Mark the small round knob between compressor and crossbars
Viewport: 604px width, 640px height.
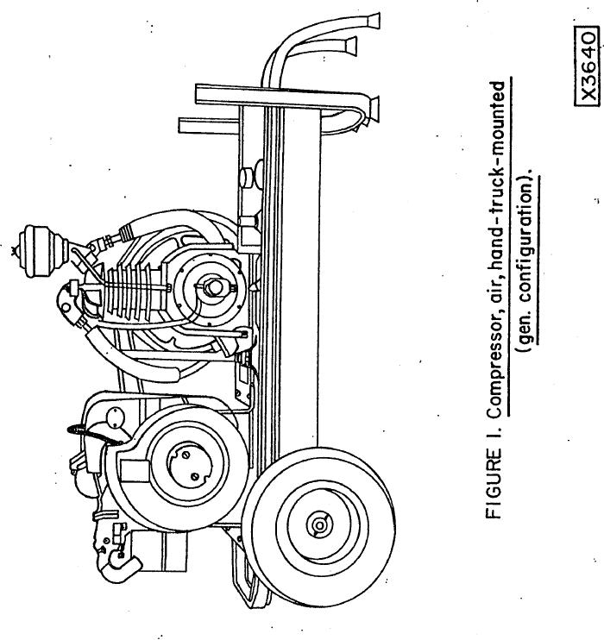point(250,178)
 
